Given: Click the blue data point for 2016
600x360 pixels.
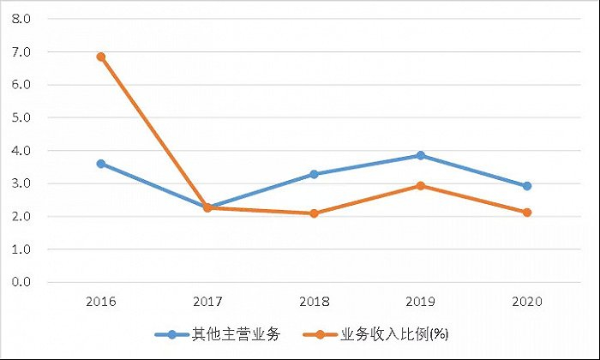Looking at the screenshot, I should [x=101, y=164].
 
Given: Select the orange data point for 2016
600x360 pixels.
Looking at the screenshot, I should [x=101, y=57].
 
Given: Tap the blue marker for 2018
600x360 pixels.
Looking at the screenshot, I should [x=314, y=174].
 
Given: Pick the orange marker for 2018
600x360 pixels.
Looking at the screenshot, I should [x=314, y=213].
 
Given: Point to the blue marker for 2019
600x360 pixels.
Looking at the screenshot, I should [x=420, y=155].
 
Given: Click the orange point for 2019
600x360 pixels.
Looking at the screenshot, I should [x=420, y=186].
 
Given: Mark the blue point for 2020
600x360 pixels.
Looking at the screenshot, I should [x=527, y=186].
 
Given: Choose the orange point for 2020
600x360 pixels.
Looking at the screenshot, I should [x=527, y=213].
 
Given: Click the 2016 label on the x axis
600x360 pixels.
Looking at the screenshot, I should [x=101, y=302].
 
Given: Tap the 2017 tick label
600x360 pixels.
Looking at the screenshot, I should [x=207, y=302].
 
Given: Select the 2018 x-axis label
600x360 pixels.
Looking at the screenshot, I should [x=314, y=302].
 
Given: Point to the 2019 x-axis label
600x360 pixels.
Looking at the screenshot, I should [x=420, y=302].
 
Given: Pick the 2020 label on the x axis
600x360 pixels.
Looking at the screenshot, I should [x=527, y=302].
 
